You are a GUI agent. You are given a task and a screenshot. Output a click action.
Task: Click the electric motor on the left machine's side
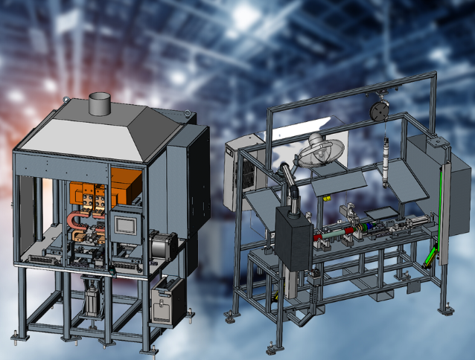tap(163, 244)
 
